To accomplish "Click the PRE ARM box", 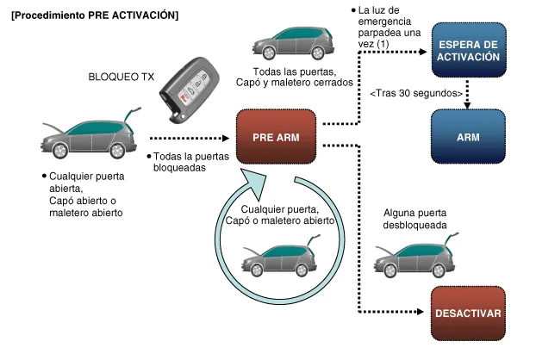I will click(275, 137).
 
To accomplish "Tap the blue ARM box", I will click(468, 137).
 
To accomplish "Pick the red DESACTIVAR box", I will click(468, 313).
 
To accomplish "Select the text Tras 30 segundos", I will click(417, 93).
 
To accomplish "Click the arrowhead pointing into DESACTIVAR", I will click(424, 313).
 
